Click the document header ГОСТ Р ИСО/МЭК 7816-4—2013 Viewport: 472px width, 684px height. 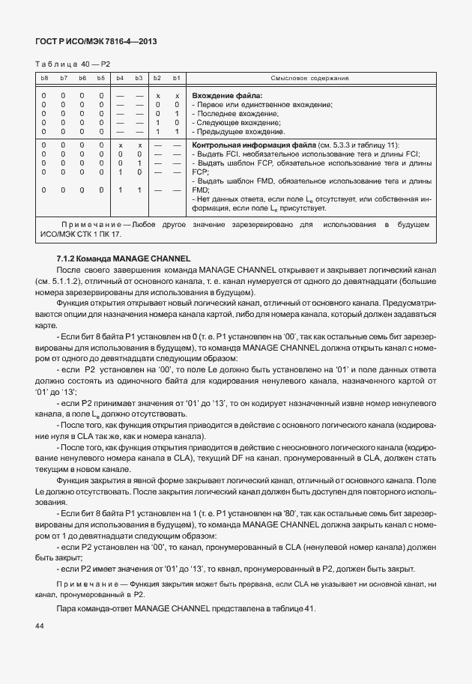point(97,42)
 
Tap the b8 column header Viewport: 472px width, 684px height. point(44,79)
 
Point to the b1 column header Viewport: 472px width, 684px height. point(176,79)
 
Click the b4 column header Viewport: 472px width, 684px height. point(120,79)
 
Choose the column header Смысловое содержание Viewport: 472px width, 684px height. point(309,79)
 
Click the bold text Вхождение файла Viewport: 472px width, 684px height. point(227,96)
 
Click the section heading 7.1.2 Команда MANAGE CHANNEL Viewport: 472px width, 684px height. point(124,258)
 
